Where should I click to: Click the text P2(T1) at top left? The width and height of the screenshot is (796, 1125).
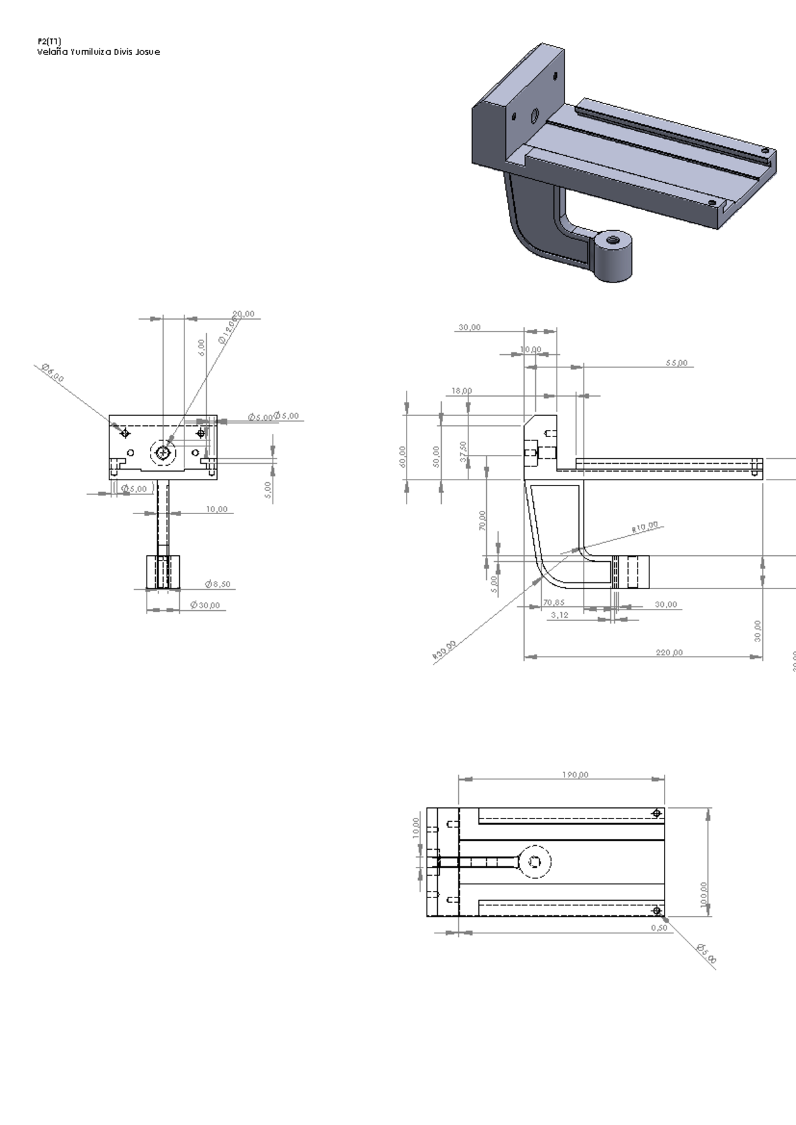click(49, 41)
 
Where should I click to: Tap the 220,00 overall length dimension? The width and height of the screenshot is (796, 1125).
click(669, 653)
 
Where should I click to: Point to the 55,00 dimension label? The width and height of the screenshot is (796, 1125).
click(677, 363)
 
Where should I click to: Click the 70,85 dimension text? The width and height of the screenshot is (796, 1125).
click(554, 603)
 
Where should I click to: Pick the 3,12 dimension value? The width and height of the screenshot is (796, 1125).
click(559, 615)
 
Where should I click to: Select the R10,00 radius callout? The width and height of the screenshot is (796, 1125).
click(645, 527)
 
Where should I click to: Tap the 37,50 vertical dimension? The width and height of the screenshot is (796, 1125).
click(463, 452)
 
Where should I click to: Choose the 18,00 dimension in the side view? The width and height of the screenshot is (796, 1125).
click(462, 391)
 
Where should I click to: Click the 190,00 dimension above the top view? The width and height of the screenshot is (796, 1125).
click(575, 775)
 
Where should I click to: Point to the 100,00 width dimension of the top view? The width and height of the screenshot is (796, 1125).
click(704, 896)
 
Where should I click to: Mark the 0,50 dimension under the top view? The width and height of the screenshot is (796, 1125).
click(659, 928)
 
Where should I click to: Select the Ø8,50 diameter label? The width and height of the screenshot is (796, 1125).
click(218, 584)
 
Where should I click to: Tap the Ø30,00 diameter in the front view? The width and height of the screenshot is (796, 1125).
click(205, 605)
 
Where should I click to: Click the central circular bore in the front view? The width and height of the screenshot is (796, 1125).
click(163, 453)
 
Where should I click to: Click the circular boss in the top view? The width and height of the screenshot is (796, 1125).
click(535, 862)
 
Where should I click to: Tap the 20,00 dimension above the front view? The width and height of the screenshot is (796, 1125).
click(243, 314)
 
